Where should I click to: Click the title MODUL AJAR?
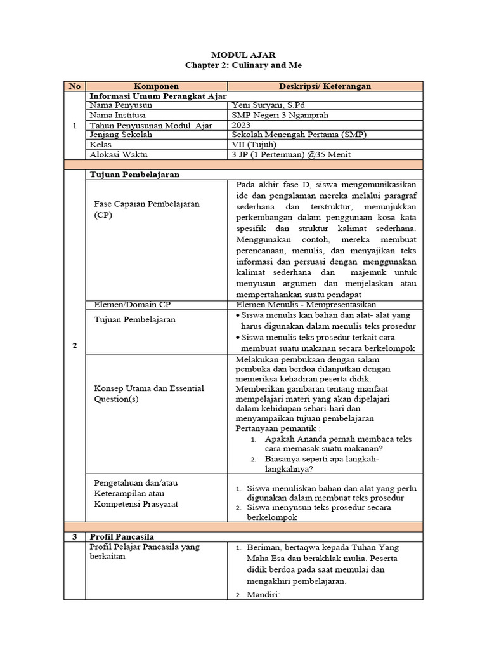coord(243,55)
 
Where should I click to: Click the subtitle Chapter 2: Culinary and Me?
coord(243,65)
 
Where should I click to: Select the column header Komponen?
coord(156,86)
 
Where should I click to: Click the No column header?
coord(74,86)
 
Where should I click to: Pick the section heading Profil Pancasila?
coord(122,537)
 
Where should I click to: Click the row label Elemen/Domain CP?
coord(132,304)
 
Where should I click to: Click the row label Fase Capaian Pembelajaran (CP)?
coord(146,210)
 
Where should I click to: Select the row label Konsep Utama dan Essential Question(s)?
coord(148,394)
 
